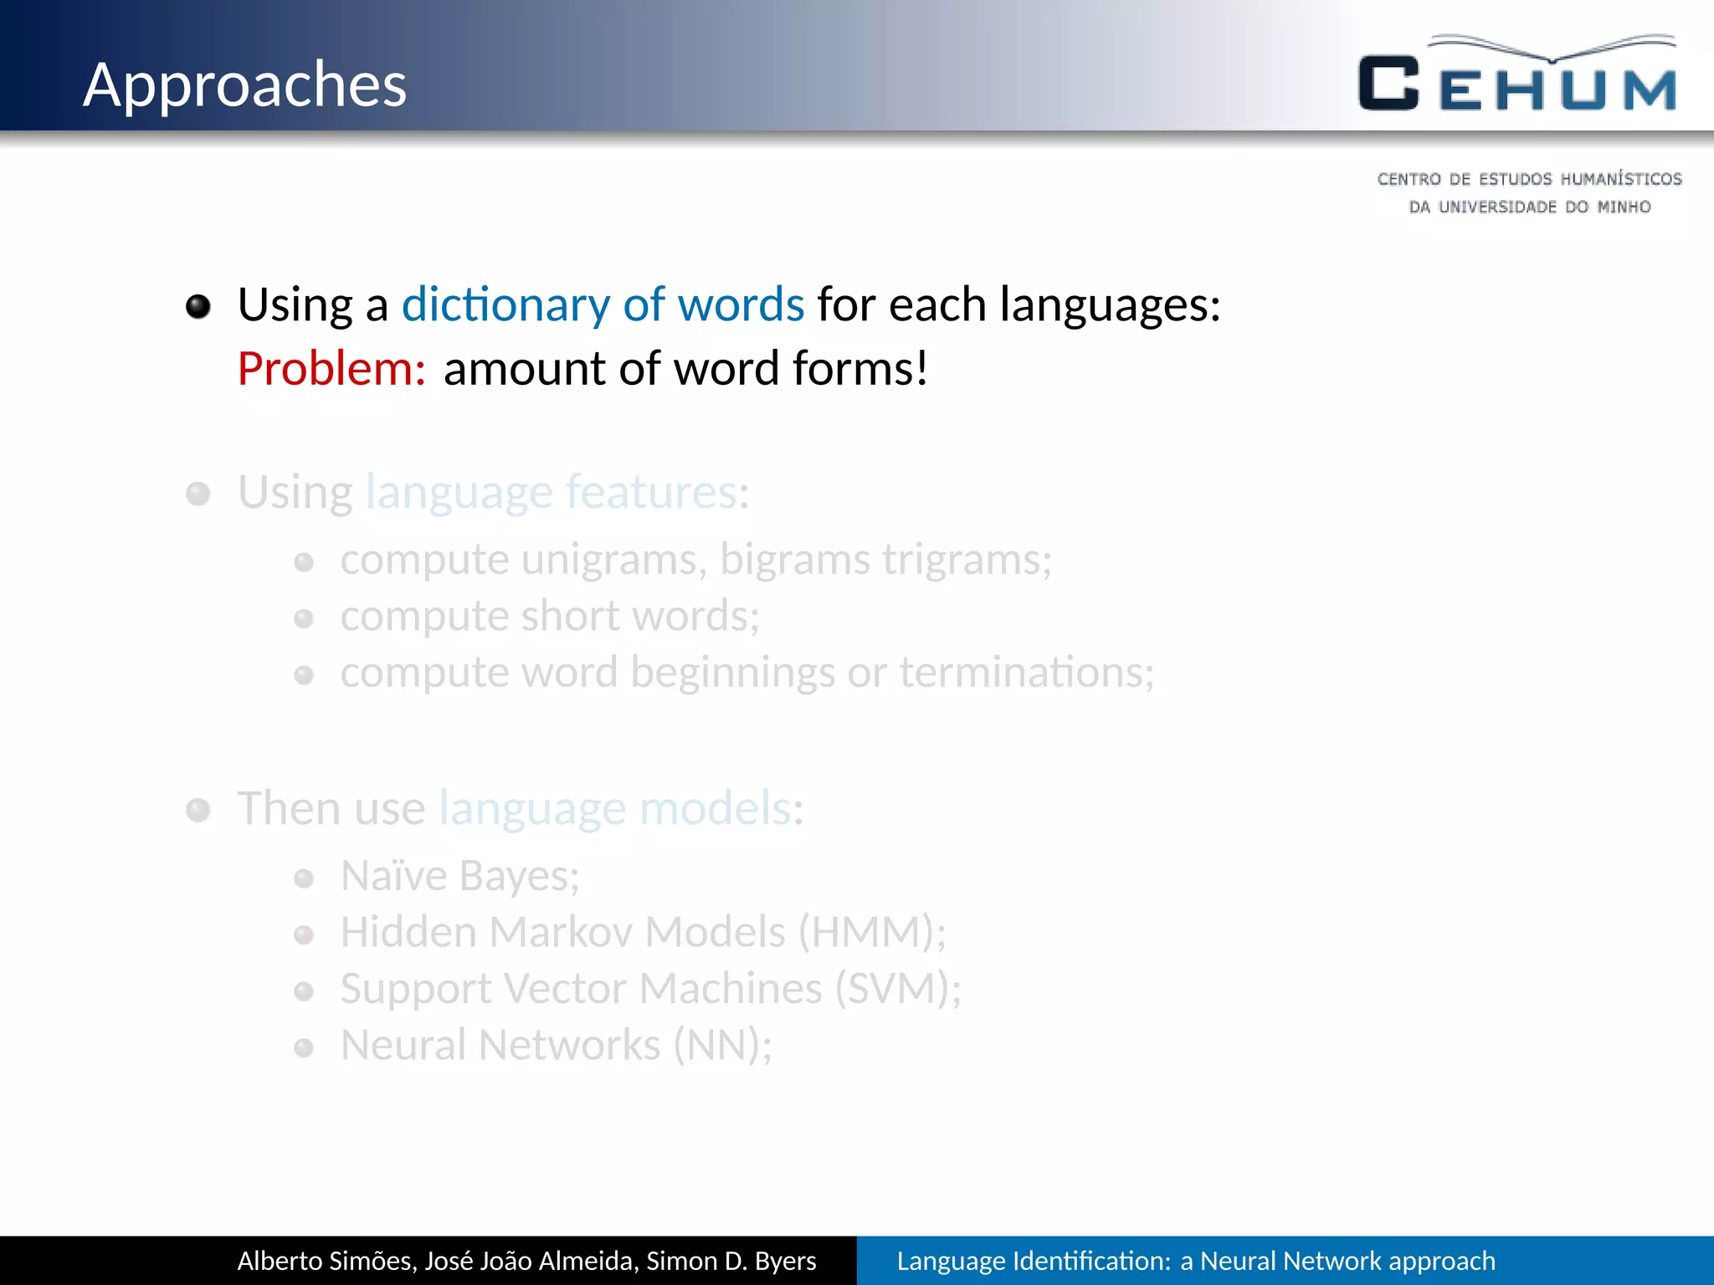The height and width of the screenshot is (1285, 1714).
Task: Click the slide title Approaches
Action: click(x=244, y=85)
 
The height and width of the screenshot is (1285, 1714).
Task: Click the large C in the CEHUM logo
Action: click(x=1388, y=84)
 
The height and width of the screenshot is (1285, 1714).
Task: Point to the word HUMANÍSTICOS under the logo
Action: click(x=1620, y=179)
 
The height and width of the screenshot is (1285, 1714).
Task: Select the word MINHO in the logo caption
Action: click(x=1624, y=207)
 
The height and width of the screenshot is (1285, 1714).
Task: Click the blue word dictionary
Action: click(x=505, y=305)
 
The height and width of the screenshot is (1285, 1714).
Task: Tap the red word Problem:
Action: click(x=331, y=369)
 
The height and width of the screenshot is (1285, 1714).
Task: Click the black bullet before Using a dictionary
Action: click(x=198, y=306)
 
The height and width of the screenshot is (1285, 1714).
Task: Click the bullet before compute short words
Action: click(x=304, y=619)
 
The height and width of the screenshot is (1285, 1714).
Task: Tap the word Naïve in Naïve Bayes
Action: click(x=394, y=876)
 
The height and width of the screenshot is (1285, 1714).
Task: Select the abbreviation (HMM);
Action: click(x=871, y=932)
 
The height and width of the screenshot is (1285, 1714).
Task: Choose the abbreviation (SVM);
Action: click(x=897, y=989)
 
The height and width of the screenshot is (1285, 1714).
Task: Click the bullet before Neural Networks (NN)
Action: click(x=304, y=1047)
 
